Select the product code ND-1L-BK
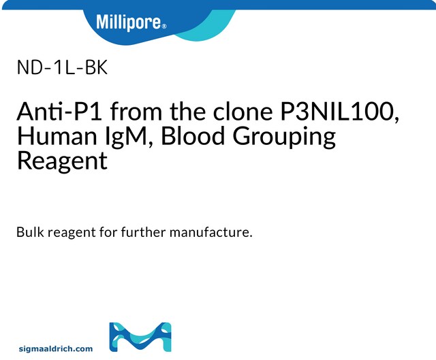click(x=60, y=68)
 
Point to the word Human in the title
click(x=52, y=137)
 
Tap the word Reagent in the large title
click(x=61, y=161)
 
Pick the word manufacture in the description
click(x=211, y=233)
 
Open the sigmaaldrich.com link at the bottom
click(x=55, y=348)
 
